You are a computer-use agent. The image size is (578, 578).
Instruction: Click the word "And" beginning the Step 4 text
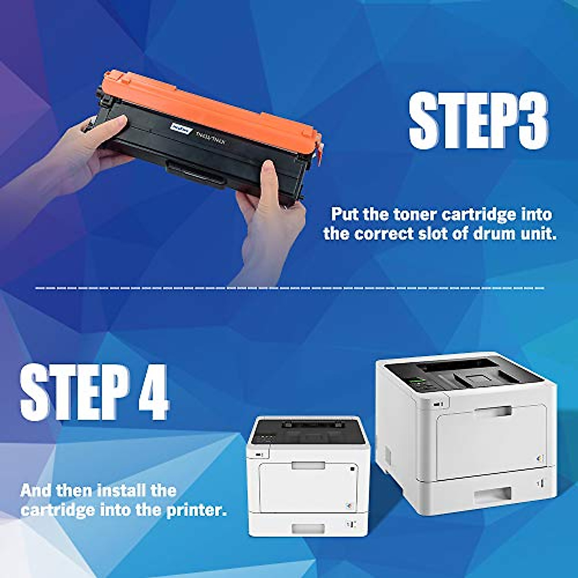pyautogui.click(x=36, y=491)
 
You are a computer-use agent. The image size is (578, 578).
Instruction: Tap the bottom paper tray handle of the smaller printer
pyautogui.click(x=308, y=528)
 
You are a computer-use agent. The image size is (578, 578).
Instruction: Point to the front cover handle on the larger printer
pyautogui.click(x=493, y=411)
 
